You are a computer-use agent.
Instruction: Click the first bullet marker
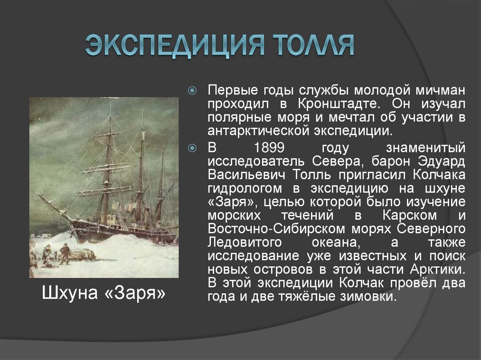click(x=192, y=90)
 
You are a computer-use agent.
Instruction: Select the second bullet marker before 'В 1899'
click(x=192, y=148)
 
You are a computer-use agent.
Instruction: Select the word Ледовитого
click(x=245, y=243)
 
